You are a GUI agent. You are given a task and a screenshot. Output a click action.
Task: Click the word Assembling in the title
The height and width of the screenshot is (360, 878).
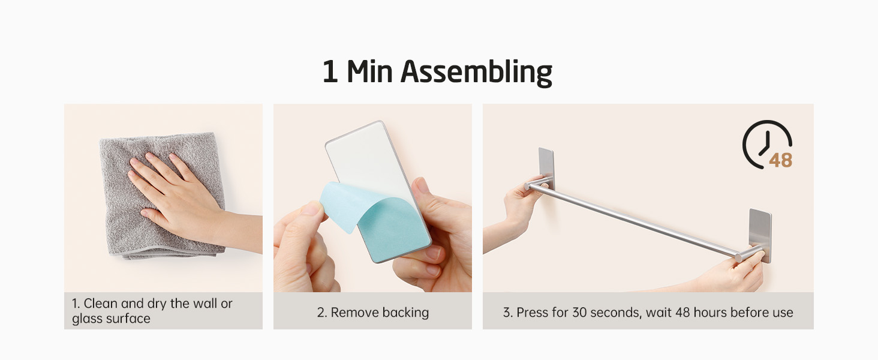[x=476, y=73]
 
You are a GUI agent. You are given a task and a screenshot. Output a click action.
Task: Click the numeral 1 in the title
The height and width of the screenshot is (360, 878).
[x=330, y=71]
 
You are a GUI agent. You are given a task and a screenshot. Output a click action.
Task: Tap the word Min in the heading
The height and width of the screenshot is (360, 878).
[x=369, y=71]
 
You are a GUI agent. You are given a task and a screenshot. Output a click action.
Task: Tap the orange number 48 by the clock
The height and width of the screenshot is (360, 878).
[x=780, y=160]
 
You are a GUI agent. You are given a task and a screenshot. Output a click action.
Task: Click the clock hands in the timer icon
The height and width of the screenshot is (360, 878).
[x=765, y=143]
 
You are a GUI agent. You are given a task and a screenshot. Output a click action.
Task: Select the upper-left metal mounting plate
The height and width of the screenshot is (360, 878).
[x=546, y=167]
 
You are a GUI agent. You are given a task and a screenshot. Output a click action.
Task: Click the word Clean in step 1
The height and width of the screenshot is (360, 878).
[x=100, y=304]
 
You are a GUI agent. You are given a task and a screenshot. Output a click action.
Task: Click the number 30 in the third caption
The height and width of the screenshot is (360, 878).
[x=579, y=313]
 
